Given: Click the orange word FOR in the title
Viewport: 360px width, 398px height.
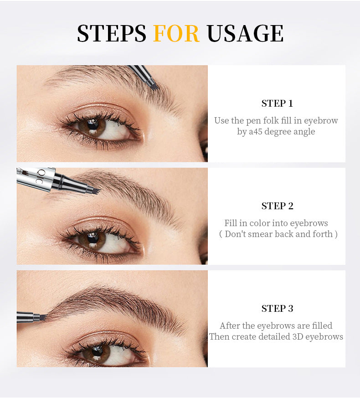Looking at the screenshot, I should (176, 33).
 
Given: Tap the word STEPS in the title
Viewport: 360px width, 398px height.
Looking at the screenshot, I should (112, 33).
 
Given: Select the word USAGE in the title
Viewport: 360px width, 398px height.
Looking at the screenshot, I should (245, 33).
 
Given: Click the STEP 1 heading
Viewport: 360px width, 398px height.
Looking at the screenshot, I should (277, 103).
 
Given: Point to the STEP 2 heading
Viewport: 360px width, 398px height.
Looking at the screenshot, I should (277, 206).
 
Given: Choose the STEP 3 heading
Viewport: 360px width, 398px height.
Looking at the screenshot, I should (277, 309).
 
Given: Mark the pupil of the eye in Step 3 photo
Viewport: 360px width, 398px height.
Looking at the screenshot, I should (97, 350).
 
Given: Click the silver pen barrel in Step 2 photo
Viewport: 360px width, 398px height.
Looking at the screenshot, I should (36, 177).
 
